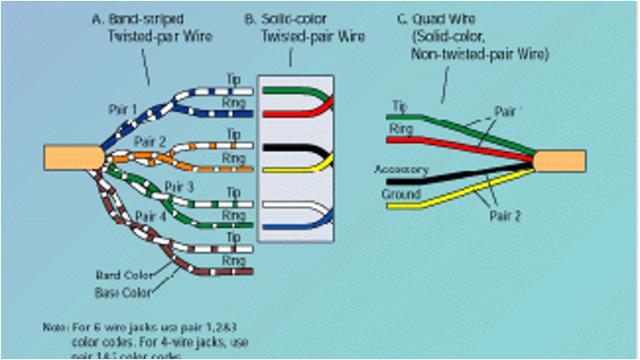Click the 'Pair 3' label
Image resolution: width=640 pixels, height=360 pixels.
pyautogui.click(x=180, y=187)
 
